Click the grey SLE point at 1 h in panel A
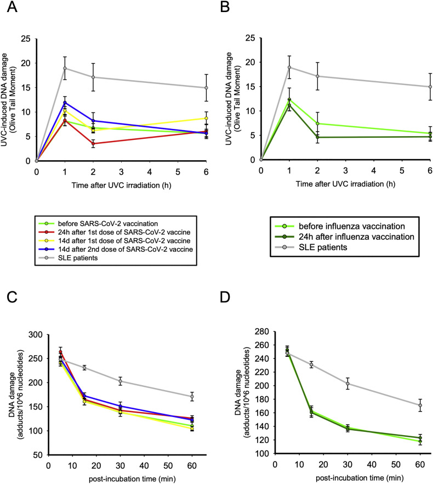click(x=65, y=68)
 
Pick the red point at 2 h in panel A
click(x=93, y=144)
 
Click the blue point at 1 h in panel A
click(x=65, y=103)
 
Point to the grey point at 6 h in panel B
click(x=430, y=87)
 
